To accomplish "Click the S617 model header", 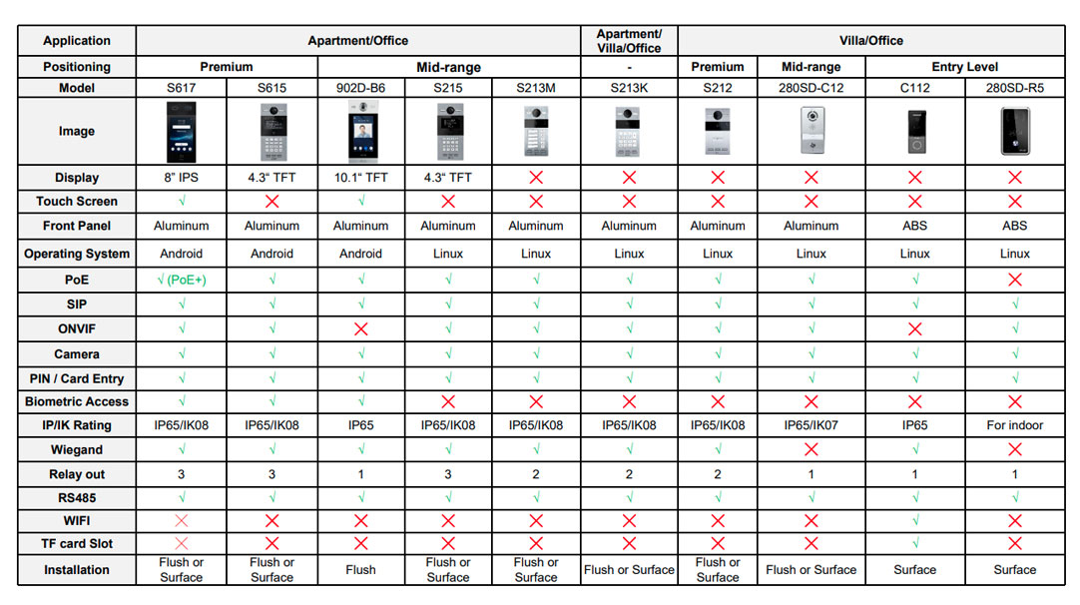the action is (181, 88).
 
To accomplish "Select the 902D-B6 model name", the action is (361, 88).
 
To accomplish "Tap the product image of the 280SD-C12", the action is (812, 130).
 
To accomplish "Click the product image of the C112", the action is (915, 132).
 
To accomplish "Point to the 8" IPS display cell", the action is (181, 178).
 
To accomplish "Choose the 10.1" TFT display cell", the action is (361, 178).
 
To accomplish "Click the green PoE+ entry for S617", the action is (181, 280).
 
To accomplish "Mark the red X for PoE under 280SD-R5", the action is (1014, 280).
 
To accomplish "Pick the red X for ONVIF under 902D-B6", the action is (361, 329).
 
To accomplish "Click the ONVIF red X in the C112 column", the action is (915, 329).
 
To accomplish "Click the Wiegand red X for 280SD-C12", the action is (811, 450).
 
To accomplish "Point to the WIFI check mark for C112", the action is (915, 520).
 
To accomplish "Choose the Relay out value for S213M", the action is (536, 475).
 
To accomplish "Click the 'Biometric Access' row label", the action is (77, 401).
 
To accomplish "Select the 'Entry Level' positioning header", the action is (965, 67).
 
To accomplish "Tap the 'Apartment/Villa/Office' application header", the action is (629, 41).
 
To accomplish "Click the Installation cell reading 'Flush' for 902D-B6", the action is (361, 570).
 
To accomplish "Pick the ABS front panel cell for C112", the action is (914, 226).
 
